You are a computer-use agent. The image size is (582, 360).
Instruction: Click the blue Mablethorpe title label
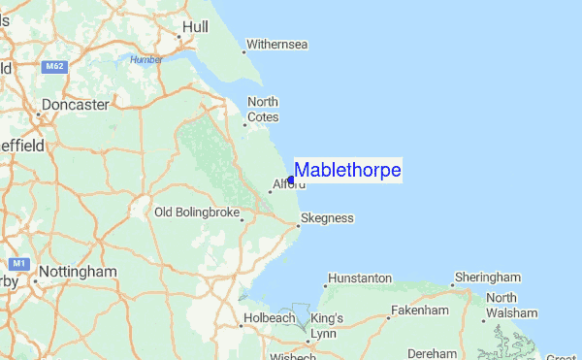point(347,171)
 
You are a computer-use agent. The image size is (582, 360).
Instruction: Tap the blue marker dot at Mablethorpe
point(291,180)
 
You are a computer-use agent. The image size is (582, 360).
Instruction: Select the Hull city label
point(195,26)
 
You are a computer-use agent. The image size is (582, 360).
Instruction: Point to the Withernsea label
point(277,45)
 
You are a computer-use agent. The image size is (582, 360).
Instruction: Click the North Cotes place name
point(263,110)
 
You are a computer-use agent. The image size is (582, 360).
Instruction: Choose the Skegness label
point(328,218)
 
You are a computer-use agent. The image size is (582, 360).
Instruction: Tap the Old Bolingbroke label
point(197,213)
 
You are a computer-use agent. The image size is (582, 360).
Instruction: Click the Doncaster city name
point(75,105)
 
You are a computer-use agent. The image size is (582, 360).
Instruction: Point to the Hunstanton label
point(360,278)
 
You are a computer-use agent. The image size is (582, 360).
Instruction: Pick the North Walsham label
point(511,306)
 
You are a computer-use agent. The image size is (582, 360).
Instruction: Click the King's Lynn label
point(327,324)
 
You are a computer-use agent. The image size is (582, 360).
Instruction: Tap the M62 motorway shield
point(54,67)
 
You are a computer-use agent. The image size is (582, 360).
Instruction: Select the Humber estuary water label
point(146,59)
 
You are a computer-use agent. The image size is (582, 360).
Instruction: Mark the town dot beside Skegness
point(296,226)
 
